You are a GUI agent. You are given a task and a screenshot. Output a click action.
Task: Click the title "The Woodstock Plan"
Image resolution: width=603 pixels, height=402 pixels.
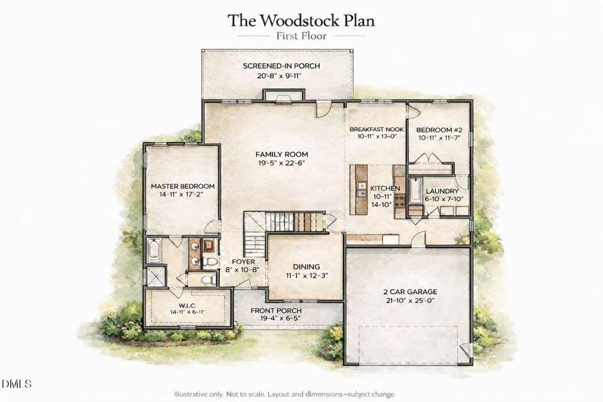(x=301, y=19)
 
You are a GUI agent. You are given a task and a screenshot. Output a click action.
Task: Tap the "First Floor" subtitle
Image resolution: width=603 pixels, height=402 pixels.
(x=301, y=36)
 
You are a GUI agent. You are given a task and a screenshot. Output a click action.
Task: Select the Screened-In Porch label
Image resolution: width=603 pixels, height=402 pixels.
(x=281, y=66)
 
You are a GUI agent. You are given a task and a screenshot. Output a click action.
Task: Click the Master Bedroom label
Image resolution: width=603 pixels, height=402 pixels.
(x=182, y=186)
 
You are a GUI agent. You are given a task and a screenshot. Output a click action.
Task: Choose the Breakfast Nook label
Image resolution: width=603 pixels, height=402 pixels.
(x=377, y=129)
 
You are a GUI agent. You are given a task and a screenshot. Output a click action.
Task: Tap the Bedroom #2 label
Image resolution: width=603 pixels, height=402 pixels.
(x=439, y=129)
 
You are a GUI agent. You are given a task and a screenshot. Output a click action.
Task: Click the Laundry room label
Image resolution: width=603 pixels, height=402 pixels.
(x=442, y=191)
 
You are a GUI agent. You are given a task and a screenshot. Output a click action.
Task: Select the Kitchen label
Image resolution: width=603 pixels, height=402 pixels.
(x=385, y=189)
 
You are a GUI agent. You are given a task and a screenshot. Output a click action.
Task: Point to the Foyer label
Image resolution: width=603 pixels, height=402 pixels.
(x=243, y=261)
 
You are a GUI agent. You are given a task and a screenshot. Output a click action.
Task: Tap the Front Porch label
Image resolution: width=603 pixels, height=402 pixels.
(x=276, y=311)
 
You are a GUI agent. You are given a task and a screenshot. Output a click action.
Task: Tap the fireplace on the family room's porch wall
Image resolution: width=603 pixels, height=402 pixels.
(x=278, y=98)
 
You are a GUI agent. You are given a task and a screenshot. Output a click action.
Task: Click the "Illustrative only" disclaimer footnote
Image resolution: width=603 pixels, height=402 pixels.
(x=285, y=394)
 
